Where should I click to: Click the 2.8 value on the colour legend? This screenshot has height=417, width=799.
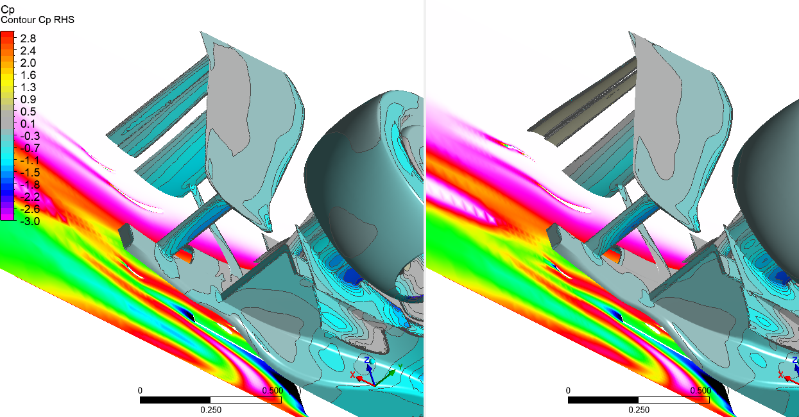pos(28,38)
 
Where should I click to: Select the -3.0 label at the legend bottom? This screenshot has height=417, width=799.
pos(30,221)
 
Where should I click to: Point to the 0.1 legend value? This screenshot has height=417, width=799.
pos(28,124)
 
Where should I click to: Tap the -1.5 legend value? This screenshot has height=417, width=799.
pos(30,173)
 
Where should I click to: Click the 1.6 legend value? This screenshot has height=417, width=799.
pos(28,75)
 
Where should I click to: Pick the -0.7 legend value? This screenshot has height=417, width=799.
pos(30,148)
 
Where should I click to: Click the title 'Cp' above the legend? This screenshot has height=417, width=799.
pos(8,10)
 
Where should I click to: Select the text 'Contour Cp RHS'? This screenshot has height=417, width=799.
pos(37,20)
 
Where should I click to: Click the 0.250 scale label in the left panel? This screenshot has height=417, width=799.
pos(210,410)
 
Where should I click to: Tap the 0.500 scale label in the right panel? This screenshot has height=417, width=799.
pos(701,391)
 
